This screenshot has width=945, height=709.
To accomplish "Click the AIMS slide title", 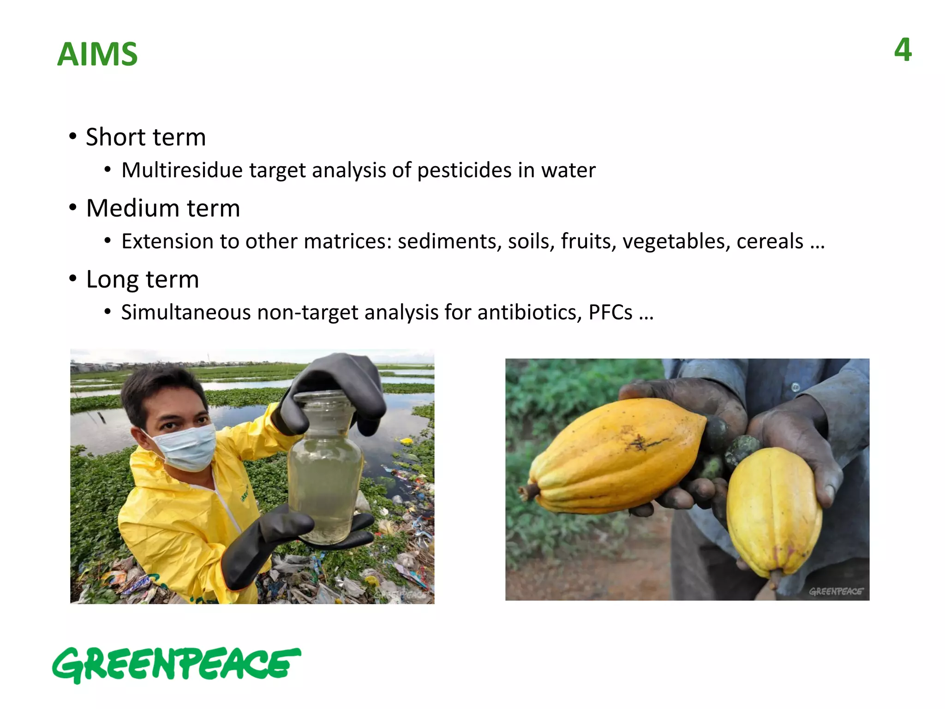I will [x=97, y=54].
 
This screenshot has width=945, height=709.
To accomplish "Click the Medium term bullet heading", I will [x=163, y=208].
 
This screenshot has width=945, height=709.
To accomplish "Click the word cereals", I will [x=770, y=241].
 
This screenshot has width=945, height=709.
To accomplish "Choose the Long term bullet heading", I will [x=142, y=279].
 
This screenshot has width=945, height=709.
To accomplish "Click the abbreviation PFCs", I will [x=610, y=312].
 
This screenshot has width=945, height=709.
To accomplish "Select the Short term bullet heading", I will [x=145, y=137].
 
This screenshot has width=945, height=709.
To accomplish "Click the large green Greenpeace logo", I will [x=177, y=664].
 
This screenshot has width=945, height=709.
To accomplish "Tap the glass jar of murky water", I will [x=325, y=489].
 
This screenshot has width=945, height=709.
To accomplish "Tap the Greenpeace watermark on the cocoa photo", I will [x=835, y=591].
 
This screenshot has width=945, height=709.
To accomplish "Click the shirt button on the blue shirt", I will [x=795, y=387].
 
